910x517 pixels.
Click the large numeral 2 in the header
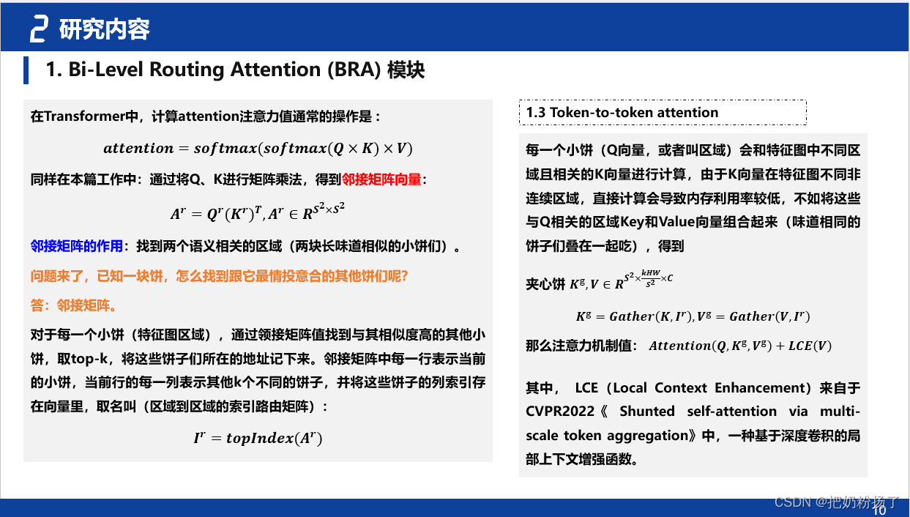coord(39,29)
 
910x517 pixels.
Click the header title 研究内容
coord(105,29)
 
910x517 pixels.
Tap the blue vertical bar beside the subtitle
coord(26,70)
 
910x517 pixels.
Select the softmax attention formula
coord(258,149)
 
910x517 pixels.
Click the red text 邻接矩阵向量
coord(382,179)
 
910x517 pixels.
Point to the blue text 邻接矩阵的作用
coord(77,247)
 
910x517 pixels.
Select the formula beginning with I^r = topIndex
coord(258,438)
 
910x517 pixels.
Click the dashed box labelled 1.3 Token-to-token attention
coord(662,113)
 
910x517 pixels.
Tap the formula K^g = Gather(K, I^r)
coord(632,316)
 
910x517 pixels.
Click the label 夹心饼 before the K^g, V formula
coord(545,283)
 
